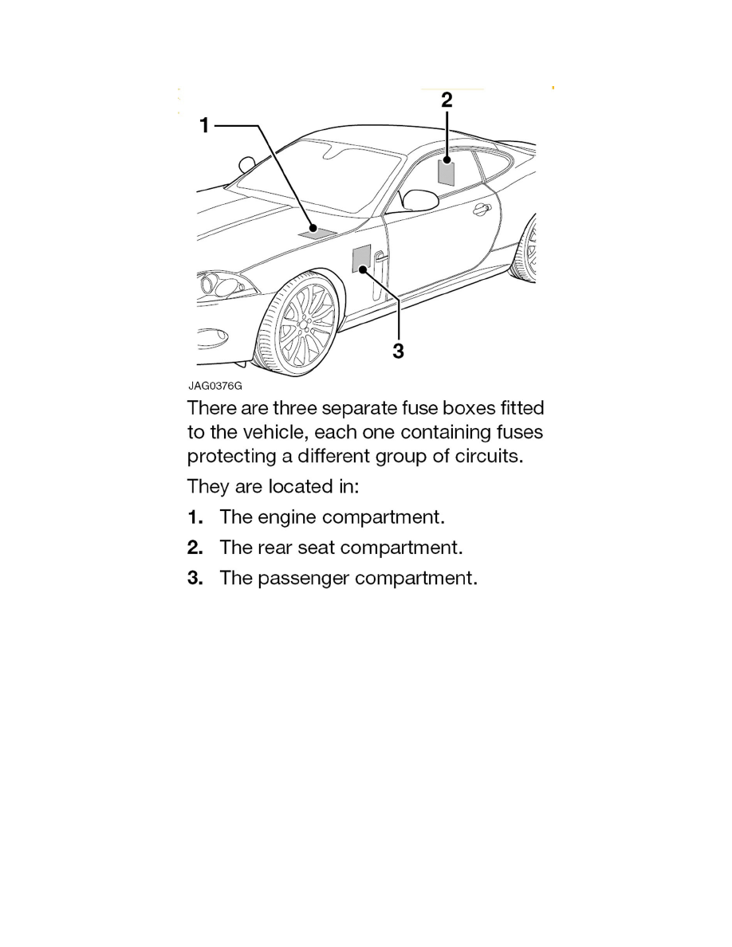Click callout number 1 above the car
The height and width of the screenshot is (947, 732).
[204, 126]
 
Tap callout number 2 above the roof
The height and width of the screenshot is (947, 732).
[447, 100]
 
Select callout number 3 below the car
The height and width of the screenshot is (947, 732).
[398, 351]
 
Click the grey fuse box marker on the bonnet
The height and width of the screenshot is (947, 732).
[313, 231]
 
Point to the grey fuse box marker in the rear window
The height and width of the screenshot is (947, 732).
[447, 172]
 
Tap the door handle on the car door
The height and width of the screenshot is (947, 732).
[480, 210]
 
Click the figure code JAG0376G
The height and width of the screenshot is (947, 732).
[214, 387]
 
